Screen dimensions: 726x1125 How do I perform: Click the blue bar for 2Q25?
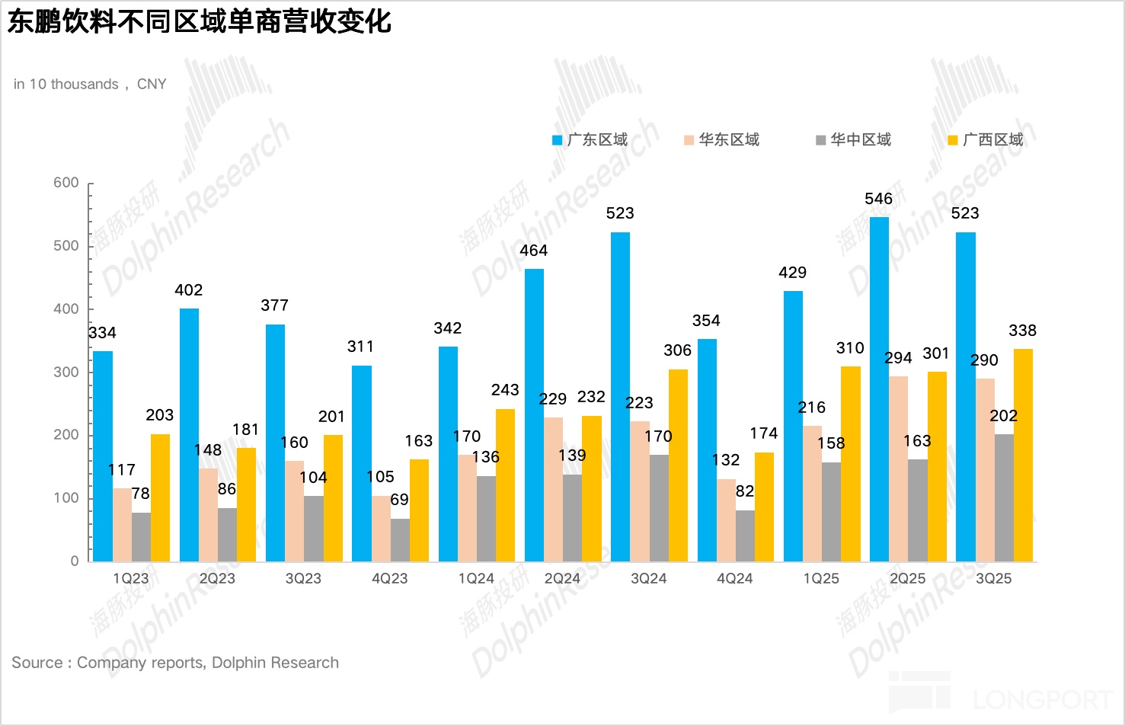coord(879,389)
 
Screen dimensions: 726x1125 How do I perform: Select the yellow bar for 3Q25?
coord(1023,455)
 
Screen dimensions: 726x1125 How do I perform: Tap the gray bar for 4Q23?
coord(400,540)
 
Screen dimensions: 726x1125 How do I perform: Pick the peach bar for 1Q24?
coord(467,508)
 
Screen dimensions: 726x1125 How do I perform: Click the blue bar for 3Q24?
coord(620,397)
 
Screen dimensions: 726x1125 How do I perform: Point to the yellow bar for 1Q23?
coord(160,497)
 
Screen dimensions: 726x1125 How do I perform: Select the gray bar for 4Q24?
coord(745,536)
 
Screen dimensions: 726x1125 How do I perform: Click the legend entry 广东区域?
coord(590,139)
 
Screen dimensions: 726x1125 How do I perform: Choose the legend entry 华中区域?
coord(853,139)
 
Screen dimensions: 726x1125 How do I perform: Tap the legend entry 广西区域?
coord(986,139)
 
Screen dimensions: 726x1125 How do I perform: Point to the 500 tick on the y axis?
coord(66,246)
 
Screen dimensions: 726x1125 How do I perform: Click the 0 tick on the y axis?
coord(75,561)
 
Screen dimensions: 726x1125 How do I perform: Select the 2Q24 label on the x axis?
coord(562,579)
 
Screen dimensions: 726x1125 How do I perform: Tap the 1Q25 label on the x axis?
coord(821,579)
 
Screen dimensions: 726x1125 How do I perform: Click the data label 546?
coord(878,199)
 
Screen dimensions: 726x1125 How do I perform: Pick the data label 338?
coord(1022,331)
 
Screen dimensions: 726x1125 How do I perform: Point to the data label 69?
coord(399,500)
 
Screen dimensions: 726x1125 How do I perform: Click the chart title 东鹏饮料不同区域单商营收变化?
coord(200,21)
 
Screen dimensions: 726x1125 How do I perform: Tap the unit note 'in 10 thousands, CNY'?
coord(90,84)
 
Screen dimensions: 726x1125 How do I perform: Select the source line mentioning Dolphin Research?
coord(175,663)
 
